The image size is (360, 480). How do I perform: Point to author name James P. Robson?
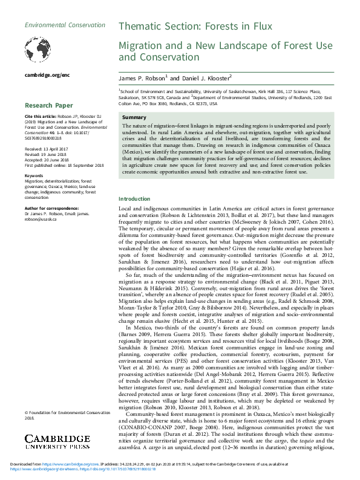[140, 78]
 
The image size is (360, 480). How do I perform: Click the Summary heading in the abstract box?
[134, 117]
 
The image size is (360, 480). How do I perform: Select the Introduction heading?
[134, 199]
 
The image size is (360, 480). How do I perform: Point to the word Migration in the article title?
[141, 45]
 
